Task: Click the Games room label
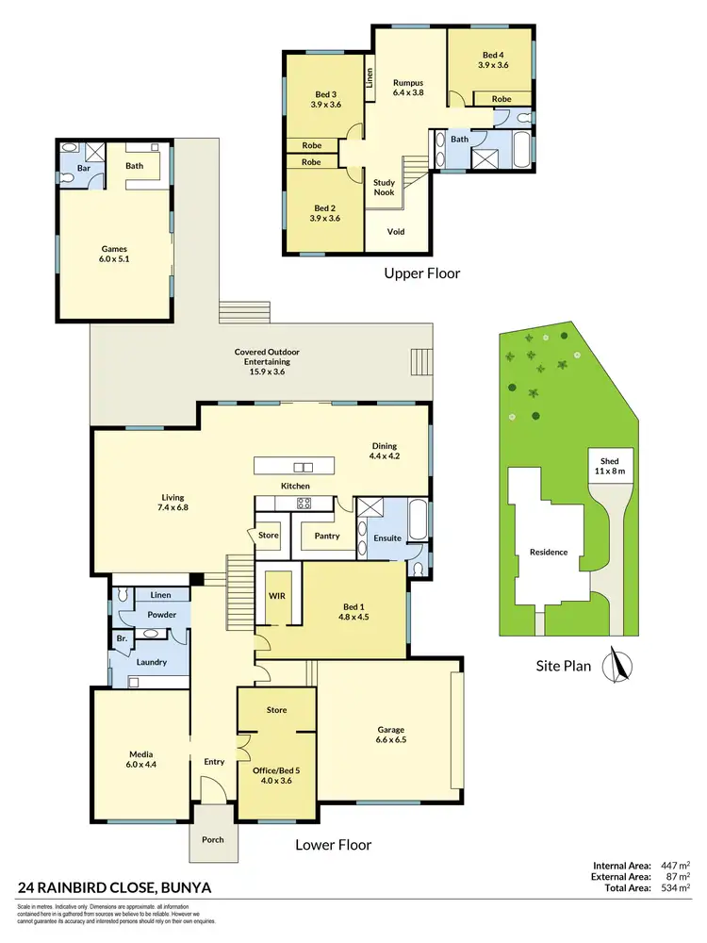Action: [x=114, y=255]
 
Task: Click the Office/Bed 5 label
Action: [x=277, y=776]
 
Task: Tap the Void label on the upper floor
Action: [x=396, y=231]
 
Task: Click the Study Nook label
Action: [x=384, y=188]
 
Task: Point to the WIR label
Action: [x=277, y=597]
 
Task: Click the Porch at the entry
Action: [x=213, y=838]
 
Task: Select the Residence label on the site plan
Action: [x=548, y=552]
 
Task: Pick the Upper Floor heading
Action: [x=421, y=274]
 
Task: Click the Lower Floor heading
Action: [x=333, y=845]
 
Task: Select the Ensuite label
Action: [x=386, y=538]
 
